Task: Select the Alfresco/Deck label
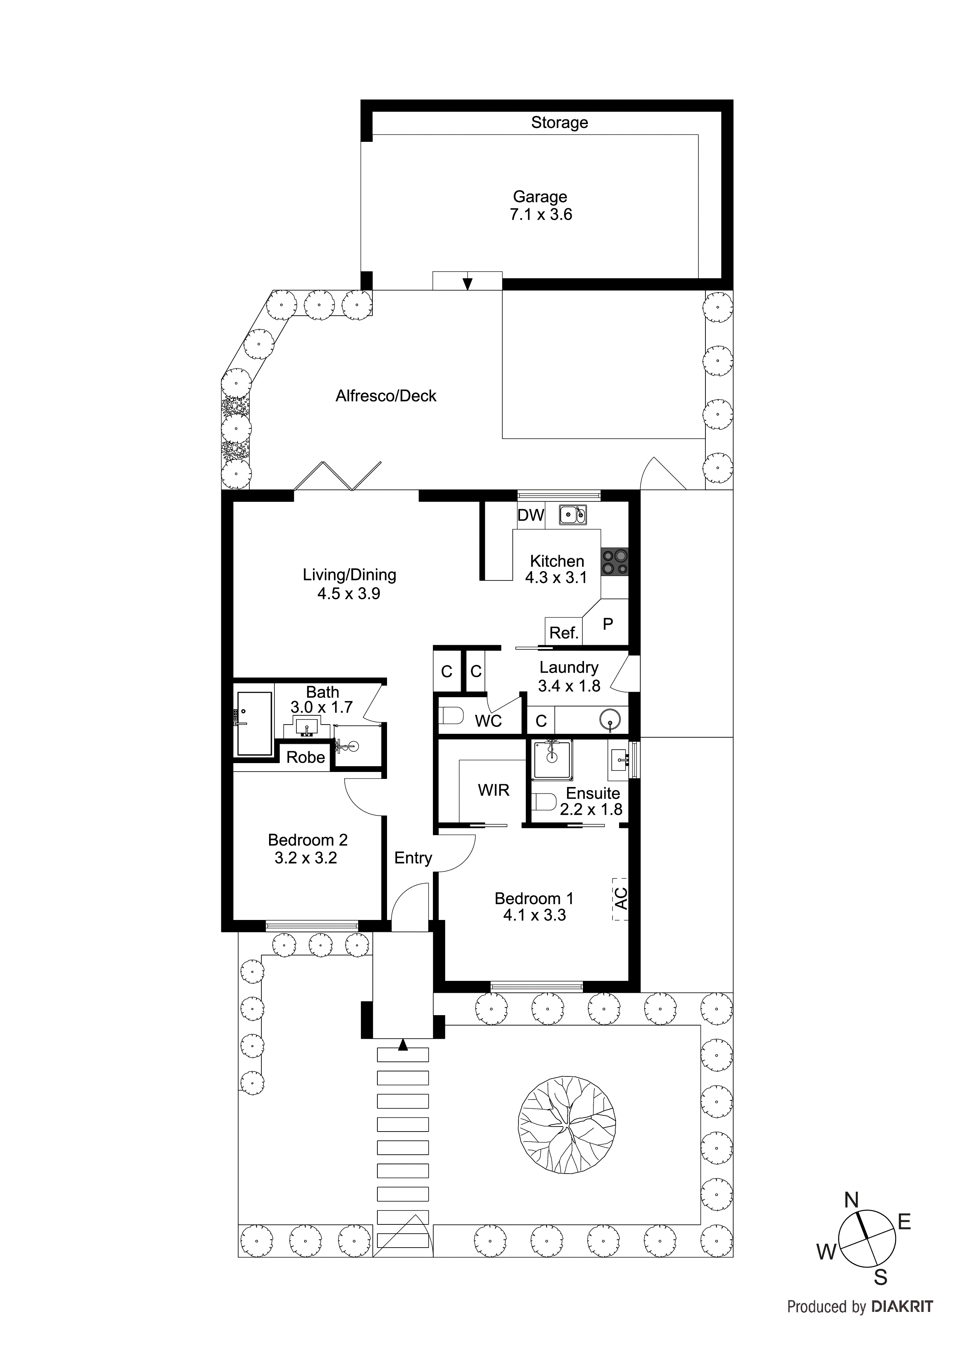coord(386,396)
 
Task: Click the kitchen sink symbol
coord(572,515)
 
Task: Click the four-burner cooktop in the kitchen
coord(614,562)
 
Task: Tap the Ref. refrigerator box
coord(563,632)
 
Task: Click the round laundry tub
coord(610,719)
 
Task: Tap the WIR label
coord(493,790)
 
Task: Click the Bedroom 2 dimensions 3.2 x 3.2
coord(306,858)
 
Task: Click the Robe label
coord(305,757)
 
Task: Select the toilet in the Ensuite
coord(544,802)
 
